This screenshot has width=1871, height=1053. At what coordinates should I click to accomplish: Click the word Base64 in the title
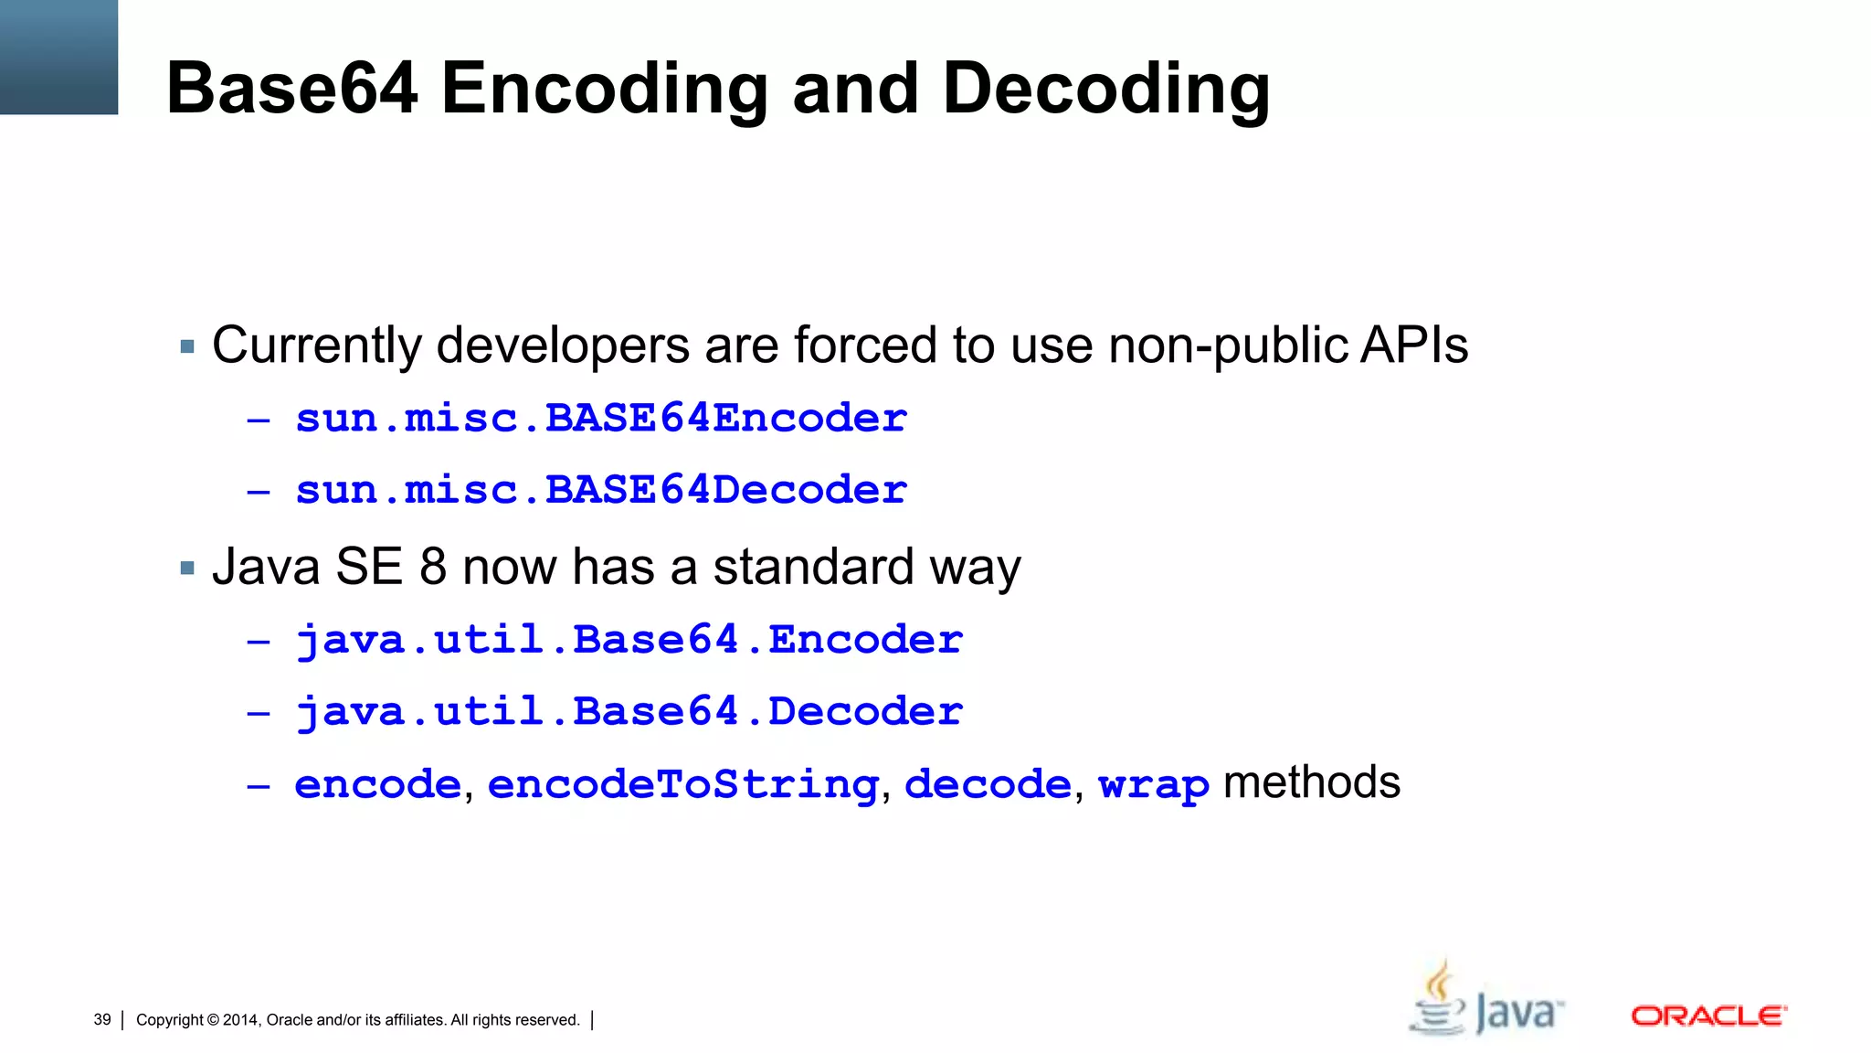(291, 88)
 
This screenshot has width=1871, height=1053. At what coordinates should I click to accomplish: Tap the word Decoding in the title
(1105, 90)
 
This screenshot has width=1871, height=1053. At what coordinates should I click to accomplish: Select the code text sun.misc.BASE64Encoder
(600, 419)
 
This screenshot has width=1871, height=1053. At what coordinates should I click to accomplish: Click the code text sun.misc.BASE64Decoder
(600, 490)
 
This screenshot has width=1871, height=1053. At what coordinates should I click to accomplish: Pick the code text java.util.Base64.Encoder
(629, 640)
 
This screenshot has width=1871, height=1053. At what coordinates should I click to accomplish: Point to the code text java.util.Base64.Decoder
(629, 711)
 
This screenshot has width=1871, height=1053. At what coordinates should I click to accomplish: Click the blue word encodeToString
(682, 784)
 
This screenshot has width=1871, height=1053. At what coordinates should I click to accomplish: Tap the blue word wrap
(1153, 784)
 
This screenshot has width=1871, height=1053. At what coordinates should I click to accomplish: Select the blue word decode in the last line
(987, 784)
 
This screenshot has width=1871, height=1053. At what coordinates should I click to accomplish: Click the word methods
(1311, 782)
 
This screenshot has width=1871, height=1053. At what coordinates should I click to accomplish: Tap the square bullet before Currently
(188, 347)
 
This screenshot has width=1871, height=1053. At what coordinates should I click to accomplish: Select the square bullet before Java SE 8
(188, 569)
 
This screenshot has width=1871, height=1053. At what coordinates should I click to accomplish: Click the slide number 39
(102, 1019)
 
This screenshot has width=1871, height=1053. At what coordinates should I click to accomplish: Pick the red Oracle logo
(1708, 1016)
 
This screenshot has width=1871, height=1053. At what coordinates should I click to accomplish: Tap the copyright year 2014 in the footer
(240, 1020)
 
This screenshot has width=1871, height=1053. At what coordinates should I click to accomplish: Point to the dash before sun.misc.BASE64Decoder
(259, 492)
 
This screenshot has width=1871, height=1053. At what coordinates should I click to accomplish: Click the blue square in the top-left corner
(58, 57)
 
